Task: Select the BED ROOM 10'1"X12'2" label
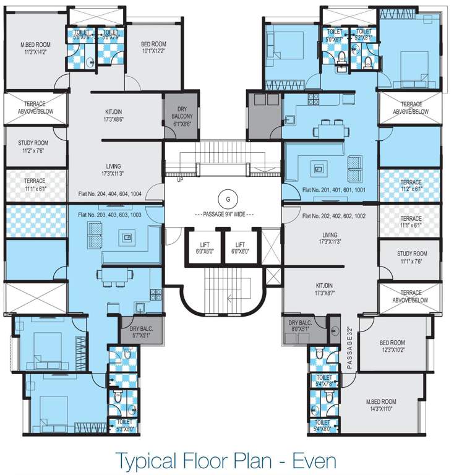coord(153,47)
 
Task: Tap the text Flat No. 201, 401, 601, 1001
coord(335,189)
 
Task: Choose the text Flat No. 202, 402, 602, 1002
coord(335,216)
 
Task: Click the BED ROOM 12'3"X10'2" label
coord(392,346)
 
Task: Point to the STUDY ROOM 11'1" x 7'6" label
coord(412,257)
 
